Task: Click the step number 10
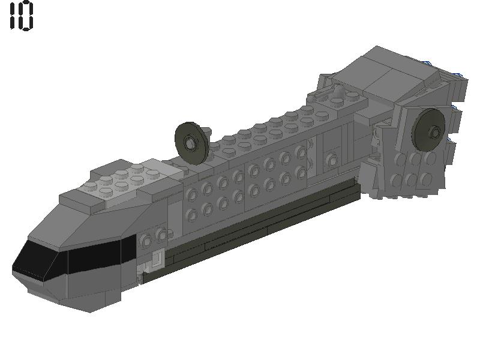click(x=22, y=16)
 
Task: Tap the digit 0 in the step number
click(x=28, y=16)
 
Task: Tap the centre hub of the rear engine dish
click(x=435, y=131)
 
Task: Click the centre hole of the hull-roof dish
click(x=190, y=143)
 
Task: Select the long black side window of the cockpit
click(x=99, y=254)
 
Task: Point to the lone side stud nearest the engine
click(x=331, y=160)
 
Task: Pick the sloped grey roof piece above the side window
click(x=108, y=220)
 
